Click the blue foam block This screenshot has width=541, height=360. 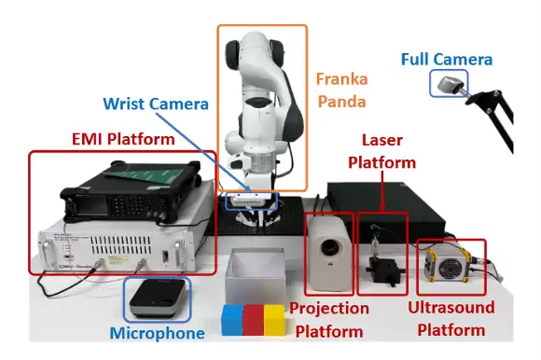point(232,320)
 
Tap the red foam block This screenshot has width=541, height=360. point(254,320)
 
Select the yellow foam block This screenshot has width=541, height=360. point(274,320)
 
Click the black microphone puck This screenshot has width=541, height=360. point(158,298)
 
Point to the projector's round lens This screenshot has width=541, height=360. point(330,247)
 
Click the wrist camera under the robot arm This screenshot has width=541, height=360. point(251,200)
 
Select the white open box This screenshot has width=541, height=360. point(255,276)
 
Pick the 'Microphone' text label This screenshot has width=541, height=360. point(158,333)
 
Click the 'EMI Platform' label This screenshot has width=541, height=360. point(123,139)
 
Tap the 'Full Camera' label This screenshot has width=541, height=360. point(447,60)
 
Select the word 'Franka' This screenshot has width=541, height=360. point(342,79)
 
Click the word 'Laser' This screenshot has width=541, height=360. point(382,140)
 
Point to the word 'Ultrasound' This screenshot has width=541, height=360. point(451,307)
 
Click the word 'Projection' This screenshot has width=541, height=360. point(329,309)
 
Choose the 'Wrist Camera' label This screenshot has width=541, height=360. point(156,104)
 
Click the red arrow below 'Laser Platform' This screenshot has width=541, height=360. point(382,190)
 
